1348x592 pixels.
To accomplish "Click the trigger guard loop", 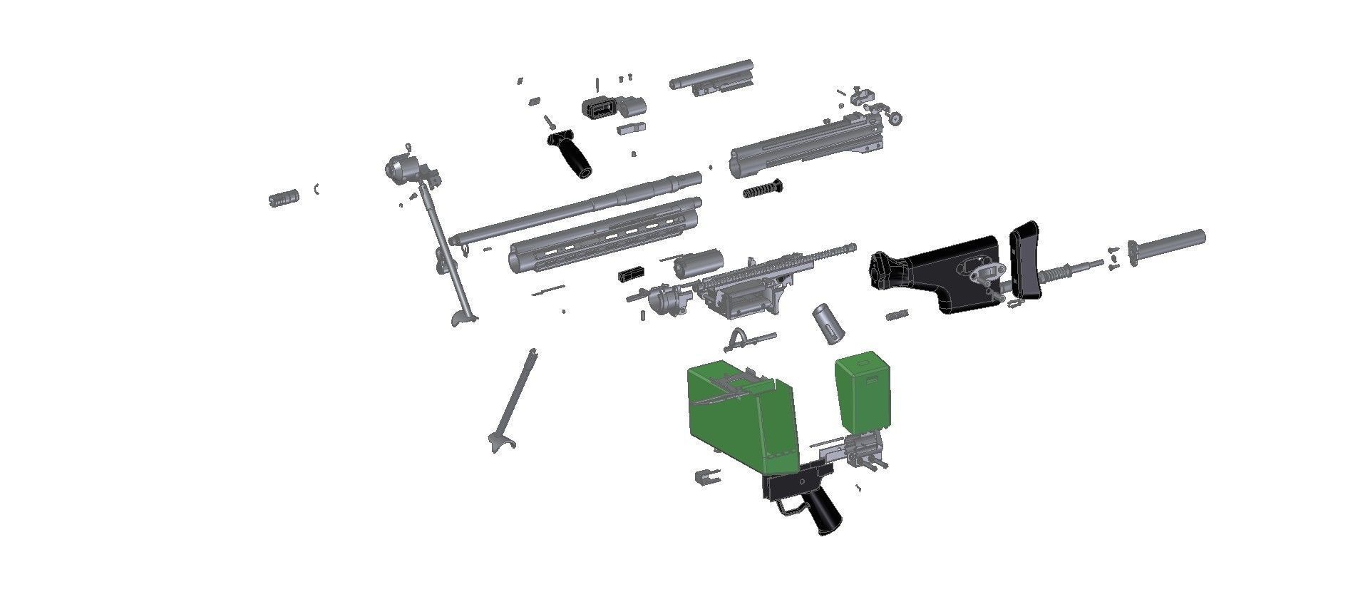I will point(787,507).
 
